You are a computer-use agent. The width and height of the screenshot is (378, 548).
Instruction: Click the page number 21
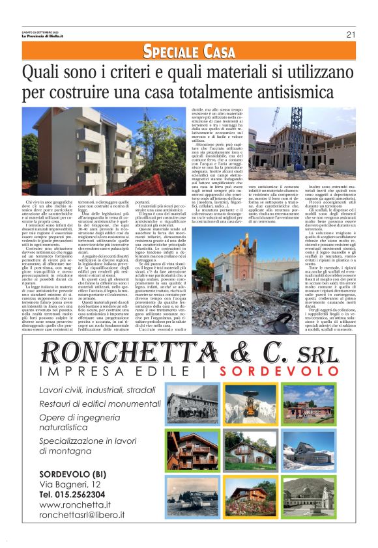pos(350,34)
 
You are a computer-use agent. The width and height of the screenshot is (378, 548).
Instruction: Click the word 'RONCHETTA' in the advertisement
pos(130,353)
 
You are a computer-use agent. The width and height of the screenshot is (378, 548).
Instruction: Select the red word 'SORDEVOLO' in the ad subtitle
pos(263,372)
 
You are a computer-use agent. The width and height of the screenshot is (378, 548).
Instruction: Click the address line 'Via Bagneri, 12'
pos(70,484)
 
